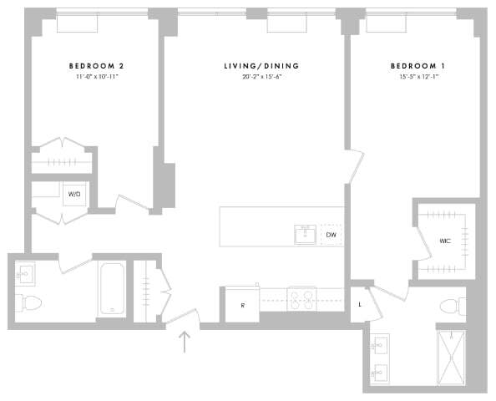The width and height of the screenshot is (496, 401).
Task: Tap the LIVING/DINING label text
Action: (261, 65)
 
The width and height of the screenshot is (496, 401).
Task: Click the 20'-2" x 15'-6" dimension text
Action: (261, 77)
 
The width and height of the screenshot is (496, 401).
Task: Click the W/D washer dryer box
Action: (74, 195)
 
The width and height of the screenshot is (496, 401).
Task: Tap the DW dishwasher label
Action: (331, 236)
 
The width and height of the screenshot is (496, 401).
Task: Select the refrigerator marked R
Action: (242, 305)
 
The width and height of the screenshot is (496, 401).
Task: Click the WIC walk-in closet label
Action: (445, 241)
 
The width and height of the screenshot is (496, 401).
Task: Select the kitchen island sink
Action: (304, 235)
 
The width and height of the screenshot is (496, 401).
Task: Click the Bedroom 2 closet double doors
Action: (61, 144)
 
